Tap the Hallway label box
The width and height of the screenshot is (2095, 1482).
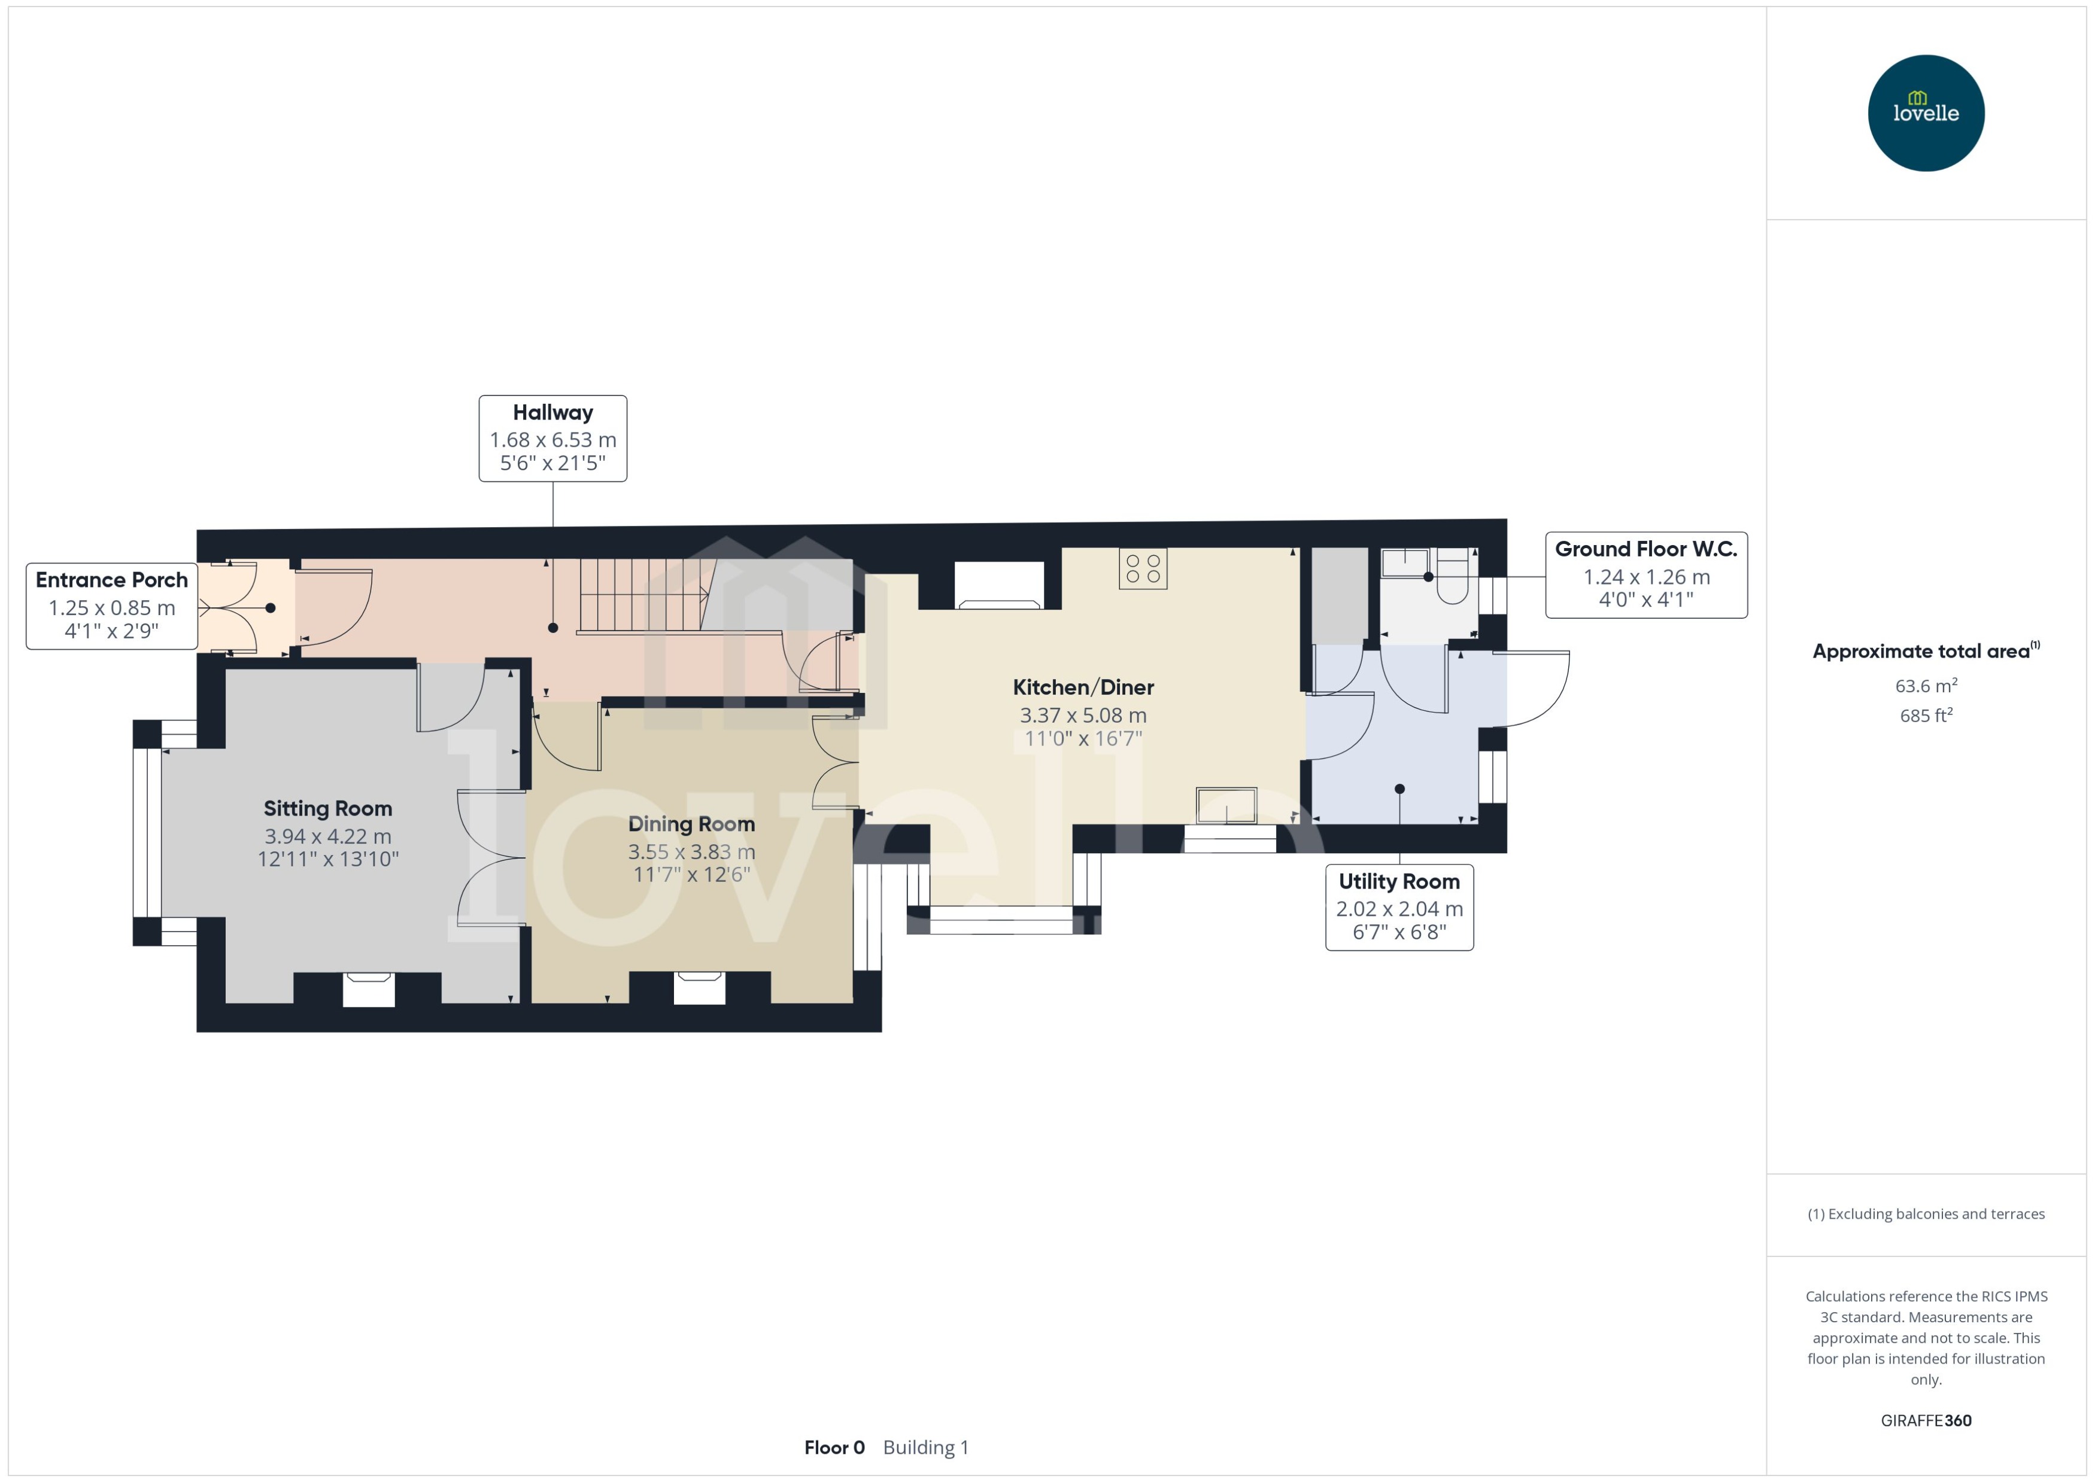(x=552, y=438)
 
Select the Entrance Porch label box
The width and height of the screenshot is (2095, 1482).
(x=111, y=606)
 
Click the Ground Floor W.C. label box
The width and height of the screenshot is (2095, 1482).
(x=1646, y=575)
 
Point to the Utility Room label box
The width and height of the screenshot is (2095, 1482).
(x=1399, y=907)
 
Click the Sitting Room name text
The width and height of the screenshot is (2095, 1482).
(x=327, y=808)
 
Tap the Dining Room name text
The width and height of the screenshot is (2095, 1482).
(x=691, y=824)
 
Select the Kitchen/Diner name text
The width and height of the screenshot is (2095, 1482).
(x=1083, y=687)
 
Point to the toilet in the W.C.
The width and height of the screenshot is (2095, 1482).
(x=1452, y=577)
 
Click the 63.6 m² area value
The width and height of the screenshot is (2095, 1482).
(x=1926, y=685)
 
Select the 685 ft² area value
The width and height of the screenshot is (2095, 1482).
(x=1926, y=716)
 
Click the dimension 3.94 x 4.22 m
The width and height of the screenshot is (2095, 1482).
(x=327, y=836)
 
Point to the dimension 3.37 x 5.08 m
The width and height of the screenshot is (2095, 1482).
(x=1083, y=716)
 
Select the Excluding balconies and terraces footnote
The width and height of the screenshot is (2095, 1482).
(x=1926, y=1214)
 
